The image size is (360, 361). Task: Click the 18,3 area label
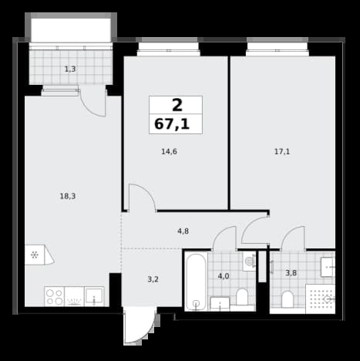68,197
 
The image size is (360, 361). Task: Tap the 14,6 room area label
169,152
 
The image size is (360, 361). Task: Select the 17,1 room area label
282,152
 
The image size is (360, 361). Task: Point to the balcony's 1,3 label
70,69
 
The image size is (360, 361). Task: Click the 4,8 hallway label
183,231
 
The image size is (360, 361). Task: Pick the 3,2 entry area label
153,279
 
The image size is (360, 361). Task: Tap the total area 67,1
172,124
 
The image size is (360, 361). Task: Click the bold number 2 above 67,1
177,105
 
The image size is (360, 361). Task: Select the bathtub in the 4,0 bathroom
196,282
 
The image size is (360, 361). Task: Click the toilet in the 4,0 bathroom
242,297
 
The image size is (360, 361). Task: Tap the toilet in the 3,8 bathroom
288,299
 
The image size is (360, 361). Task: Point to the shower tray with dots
321,299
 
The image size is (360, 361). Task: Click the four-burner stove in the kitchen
55,297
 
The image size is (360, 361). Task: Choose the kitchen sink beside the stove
94,296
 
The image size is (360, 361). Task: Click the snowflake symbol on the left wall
35,255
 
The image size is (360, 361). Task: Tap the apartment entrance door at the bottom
140,326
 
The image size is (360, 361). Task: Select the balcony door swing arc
89,107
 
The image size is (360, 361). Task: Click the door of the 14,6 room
142,197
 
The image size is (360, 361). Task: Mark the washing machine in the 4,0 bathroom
249,261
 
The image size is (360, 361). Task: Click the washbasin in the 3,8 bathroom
328,267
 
